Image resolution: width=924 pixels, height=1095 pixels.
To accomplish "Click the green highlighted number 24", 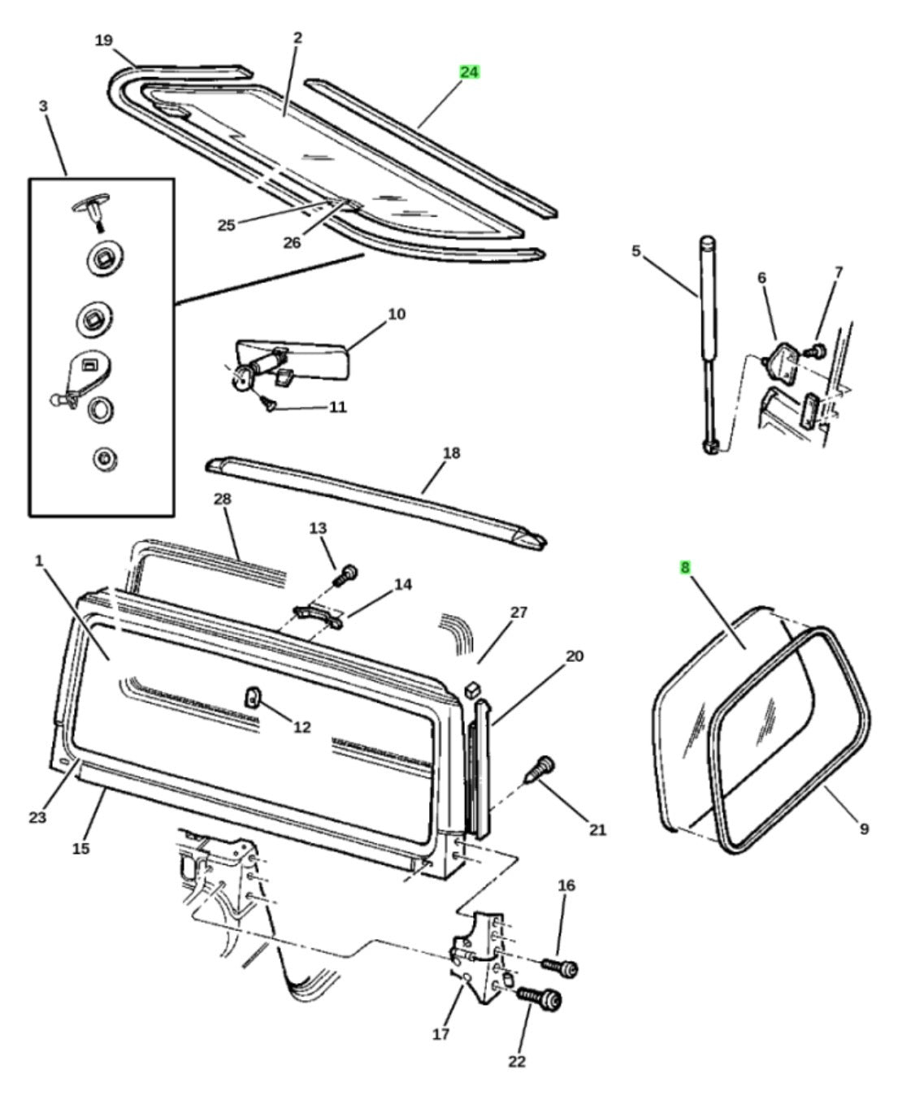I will click(x=469, y=72).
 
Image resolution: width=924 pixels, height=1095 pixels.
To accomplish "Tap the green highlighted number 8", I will click(x=685, y=568).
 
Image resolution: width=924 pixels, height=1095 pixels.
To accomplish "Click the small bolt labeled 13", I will click(x=345, y=575).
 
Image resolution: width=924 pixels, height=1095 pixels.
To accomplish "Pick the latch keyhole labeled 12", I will click(x=253, y=695).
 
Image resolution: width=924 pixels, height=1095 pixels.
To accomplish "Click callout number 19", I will click(x=103, y=40).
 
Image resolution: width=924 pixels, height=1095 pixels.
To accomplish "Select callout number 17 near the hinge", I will click(x=440, y=1034).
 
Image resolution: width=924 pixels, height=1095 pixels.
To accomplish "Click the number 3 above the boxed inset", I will click(x=43, y=106).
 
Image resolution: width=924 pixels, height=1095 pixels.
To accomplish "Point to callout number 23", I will click(x=37, y=816).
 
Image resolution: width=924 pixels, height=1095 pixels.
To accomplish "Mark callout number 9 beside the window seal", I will click(x=864, y=829).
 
